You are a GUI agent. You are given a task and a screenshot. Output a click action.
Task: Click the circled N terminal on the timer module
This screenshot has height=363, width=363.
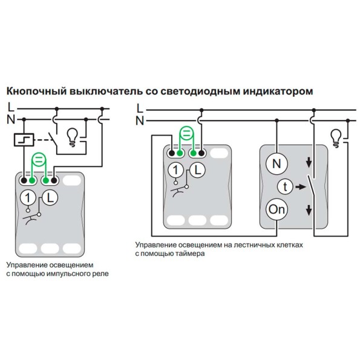point(276,163)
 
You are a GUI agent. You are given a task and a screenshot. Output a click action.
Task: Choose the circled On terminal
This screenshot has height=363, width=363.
point(276,210)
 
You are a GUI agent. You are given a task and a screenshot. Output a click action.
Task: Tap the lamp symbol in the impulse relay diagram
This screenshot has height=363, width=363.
point(72,135)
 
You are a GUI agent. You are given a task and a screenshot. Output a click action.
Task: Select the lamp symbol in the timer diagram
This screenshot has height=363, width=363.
point(336,136)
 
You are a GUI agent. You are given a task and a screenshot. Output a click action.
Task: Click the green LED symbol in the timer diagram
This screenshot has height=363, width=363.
point(187,134)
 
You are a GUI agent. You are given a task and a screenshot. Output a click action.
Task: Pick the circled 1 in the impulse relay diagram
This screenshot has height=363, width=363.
point(27,197)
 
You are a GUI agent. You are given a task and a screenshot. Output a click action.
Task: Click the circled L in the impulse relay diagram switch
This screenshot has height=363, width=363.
point(51,197)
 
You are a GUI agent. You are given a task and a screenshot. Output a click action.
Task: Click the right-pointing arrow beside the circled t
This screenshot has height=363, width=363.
point(298,186)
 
